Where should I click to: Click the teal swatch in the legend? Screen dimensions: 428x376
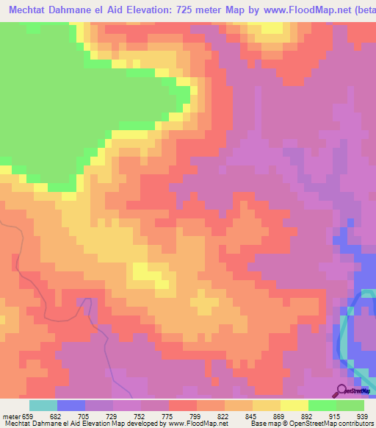(43, 405)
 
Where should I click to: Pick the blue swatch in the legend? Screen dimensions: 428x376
(70, 405)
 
